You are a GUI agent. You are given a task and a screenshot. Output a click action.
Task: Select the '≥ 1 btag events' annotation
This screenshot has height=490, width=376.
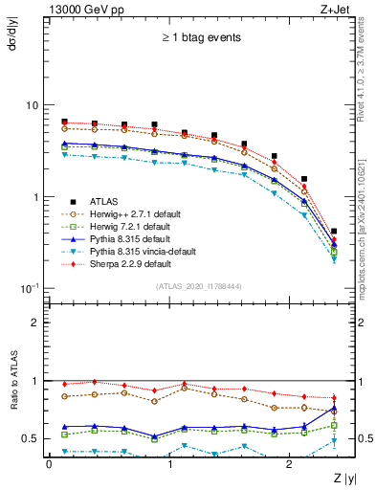click(x=200, y=38)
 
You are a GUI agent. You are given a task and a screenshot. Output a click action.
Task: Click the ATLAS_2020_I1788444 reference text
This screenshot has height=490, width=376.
click(x=199, y=286)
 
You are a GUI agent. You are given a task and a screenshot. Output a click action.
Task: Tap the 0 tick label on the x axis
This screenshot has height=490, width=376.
click(x=49, y=463)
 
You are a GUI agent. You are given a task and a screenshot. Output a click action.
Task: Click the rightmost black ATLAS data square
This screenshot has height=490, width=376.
click(x=333, y=231)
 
